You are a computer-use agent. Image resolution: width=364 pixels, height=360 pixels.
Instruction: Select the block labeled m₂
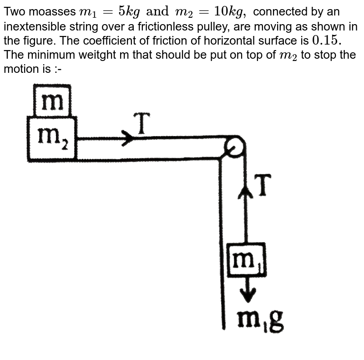(x=51, y=138)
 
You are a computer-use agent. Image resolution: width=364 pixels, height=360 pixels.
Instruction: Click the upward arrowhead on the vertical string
(x=246, y=193)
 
